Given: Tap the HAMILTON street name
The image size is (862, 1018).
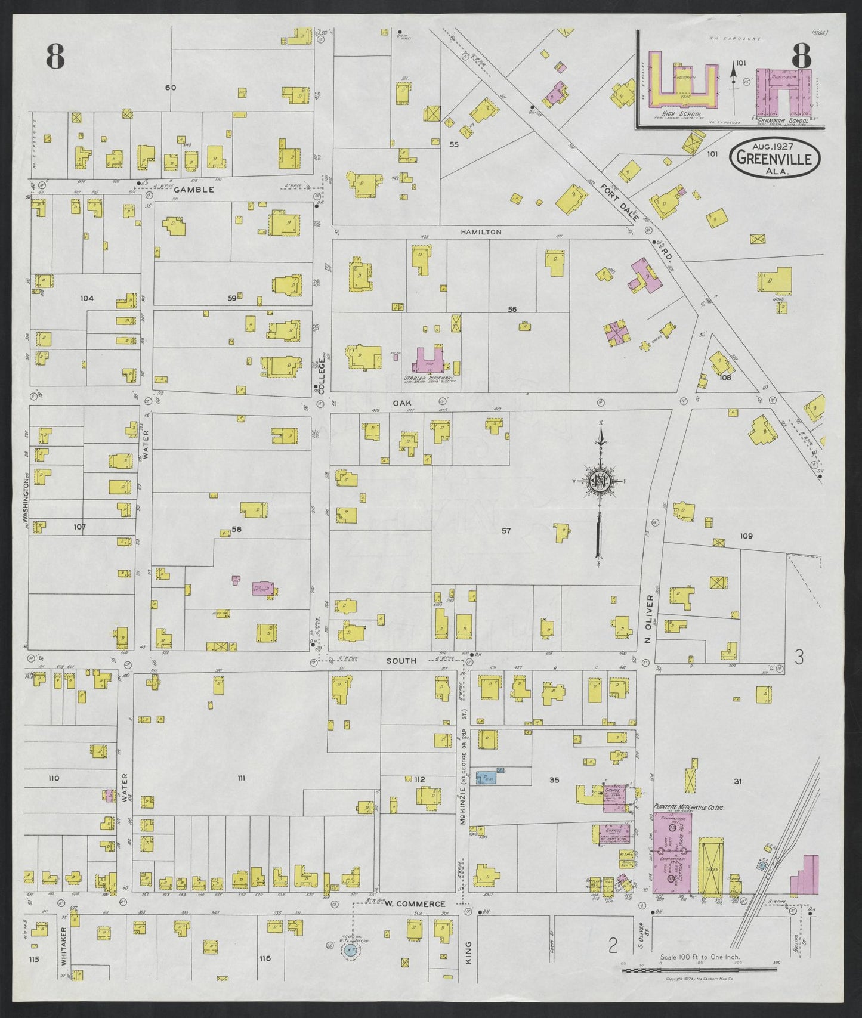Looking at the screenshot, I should pos(481,232).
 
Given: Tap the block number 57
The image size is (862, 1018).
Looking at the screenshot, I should pos(506,530).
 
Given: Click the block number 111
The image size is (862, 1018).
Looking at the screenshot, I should pos(241,778).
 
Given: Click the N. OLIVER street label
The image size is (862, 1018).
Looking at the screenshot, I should pos(649,618).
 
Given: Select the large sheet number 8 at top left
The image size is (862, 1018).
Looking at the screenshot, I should pos(55,57).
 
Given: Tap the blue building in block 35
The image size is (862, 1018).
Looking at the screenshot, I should pos(487,778).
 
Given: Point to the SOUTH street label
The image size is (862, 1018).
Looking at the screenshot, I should pos(401,661).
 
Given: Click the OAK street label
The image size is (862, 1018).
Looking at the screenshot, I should pos(401,403).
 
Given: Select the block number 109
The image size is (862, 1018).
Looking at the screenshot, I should pos(746,536).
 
